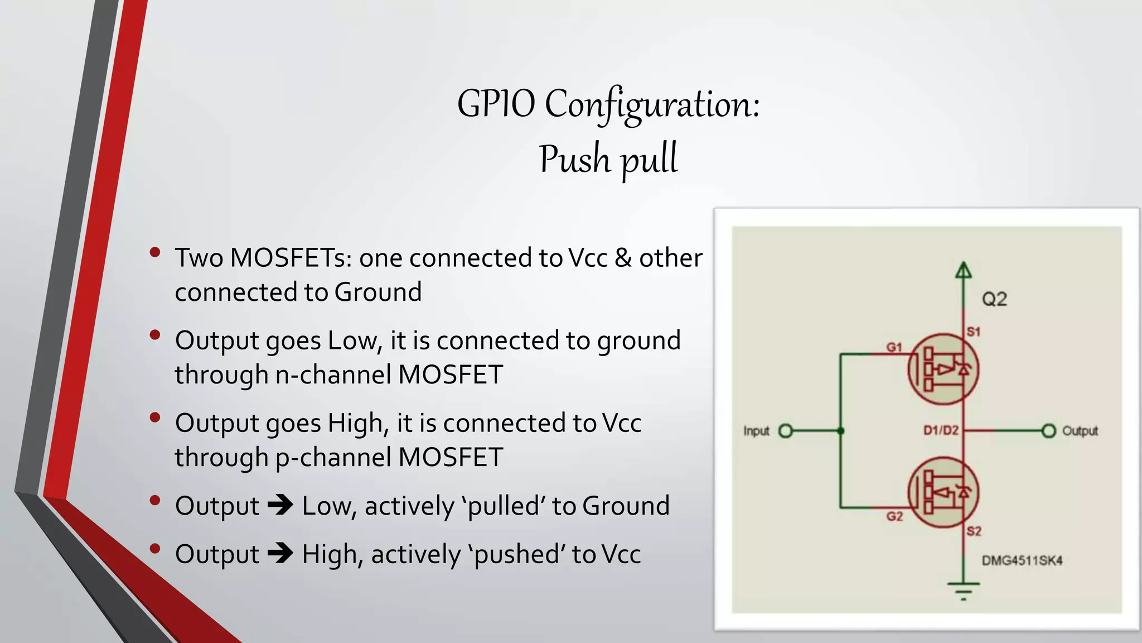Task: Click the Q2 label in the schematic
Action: (x=994, y=299)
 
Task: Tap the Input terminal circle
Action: (x=785, y=431)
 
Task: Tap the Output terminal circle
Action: (x=1049, y=431)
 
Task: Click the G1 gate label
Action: (x=894, y=347)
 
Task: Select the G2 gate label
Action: (x=894, y=516)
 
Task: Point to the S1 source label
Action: (x=973, y=332)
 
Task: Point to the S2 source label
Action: (x=974, y=531)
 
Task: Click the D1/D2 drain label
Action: (x=941, y=430)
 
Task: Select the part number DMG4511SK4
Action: (x=1022, y=560)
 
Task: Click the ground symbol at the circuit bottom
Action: (x=963, y=589)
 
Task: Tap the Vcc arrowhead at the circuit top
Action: (x=963, y=271)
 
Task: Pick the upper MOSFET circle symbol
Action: (x=943, y=369)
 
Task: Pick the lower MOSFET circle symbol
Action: (x=943, y=492)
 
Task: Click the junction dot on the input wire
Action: (x=841, y=431)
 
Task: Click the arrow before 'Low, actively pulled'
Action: (x=280, y=506)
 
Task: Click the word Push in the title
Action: (x=575, y=159)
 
